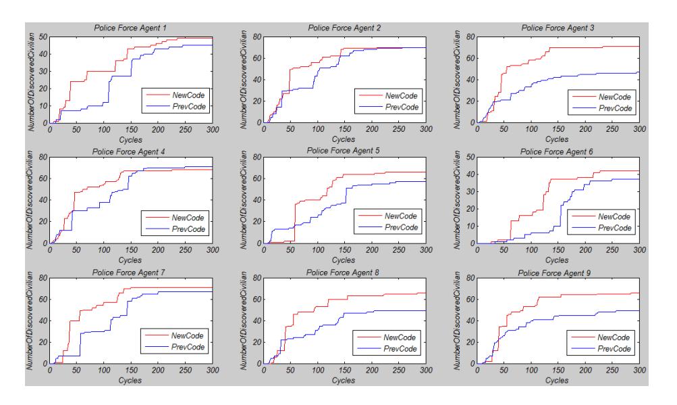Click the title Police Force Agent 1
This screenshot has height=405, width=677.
click(x=130, y=28)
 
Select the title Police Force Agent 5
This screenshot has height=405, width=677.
click(x=344, y=151)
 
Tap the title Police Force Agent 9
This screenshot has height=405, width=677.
click(x=554, y=273)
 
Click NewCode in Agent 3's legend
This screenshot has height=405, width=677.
click(x=614, y=97)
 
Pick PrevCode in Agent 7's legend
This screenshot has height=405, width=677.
click(x=188, y=347)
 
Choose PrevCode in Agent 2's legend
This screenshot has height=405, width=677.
click(x=402, y=107)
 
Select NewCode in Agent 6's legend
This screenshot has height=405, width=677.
click(x=614, y=216)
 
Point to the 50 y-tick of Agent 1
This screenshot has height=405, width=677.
click(x=43, y=37)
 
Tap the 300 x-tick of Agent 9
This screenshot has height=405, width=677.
click(x=639, y=371)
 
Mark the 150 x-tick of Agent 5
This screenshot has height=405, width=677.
click(x=344, y=249)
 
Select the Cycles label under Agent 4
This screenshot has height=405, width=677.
click(x=130, y=260)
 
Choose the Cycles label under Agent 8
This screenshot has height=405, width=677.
click(x=344, y=381)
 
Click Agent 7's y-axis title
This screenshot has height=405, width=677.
click(x=30, y=320)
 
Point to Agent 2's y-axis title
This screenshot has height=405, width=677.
click(x=244, y=80)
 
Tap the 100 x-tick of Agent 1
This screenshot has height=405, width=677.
click(x=104, y=129)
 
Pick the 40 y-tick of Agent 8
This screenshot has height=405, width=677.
click(x=257, y=321)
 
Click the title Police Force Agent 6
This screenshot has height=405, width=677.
click(x=557, y=152)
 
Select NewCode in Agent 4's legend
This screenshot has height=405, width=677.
click(x=188, y=218)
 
